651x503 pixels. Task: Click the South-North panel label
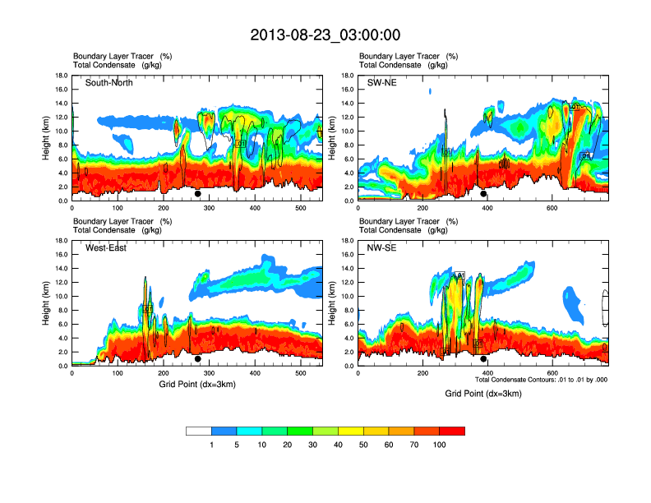point(109,82)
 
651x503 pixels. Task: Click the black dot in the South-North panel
point(198,194)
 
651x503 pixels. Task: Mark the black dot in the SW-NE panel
point(483,194)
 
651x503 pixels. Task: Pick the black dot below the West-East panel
point(198,359)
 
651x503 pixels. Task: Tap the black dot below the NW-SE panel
point(483,359)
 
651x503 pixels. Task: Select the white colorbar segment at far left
point(199,431)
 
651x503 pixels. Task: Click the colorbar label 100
point(440,445)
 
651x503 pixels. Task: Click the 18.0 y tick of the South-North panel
point(61,76)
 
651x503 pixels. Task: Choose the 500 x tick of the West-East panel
point(301,373)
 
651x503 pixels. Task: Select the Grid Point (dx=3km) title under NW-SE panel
point(483,394)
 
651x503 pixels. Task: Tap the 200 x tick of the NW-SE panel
point(422,373)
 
